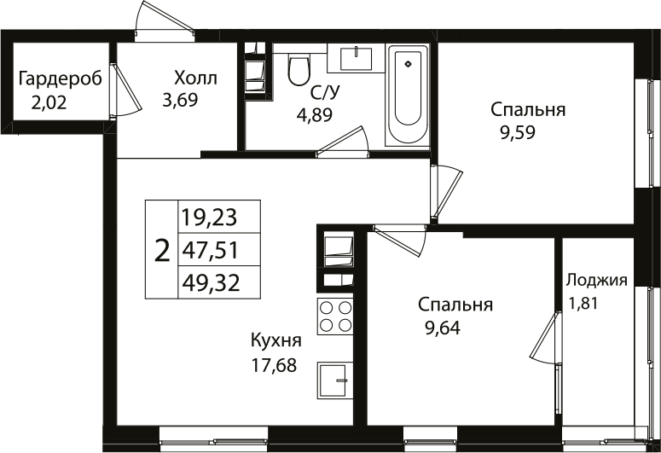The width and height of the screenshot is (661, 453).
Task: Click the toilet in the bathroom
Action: click(x=299, y=70)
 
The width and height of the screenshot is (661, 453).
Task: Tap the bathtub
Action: click(x=410, y=96)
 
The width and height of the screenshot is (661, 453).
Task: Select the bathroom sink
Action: click(x=356, y=57)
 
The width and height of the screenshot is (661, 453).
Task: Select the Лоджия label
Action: click(x=597, y=280)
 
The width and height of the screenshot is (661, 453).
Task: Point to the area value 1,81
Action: click(x=585, y=301)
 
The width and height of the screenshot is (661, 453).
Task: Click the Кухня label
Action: click(x=275, y=340)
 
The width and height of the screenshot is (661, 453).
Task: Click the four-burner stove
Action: click(x=335, y=317)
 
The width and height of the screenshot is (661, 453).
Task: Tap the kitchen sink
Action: click(x=334, y=380)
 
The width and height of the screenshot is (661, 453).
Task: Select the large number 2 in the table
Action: click(x=161, y=250)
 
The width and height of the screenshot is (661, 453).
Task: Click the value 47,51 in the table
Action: click(x=209, y=250)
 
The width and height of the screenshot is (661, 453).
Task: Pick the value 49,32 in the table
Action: click(x=209, y=282)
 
